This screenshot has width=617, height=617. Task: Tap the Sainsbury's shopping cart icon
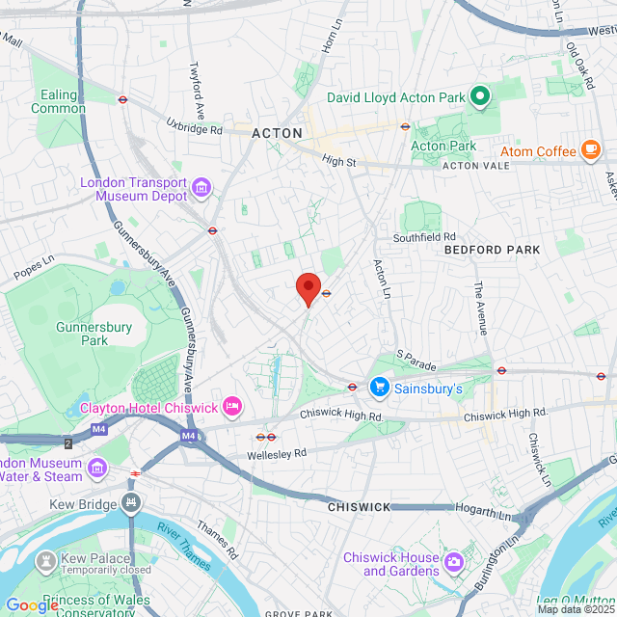click(x=380, y=388)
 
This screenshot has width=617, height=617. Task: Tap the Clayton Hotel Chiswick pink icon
click(x=231, y=407)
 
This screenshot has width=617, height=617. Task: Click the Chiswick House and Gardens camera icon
click(x=453, y=560)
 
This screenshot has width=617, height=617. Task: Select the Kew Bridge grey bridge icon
click(x=131, y=502)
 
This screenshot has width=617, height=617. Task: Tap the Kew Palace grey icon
click(x=44, y=560)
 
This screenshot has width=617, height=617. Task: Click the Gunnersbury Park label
click(x=94, y=334)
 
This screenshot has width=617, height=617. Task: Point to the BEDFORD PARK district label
click(x=493, y=250)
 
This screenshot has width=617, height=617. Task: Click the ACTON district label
click(x=278, y=133)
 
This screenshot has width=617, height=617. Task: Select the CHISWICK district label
click(x=358, y=506)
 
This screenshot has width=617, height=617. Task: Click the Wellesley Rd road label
click(x=280, y=452)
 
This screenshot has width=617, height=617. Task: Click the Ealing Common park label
click(x=58, y=102)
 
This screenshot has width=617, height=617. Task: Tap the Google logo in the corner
click(x=31, y=605)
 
